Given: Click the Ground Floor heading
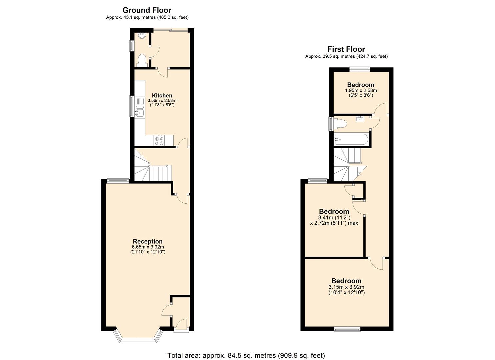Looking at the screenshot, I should [x=147, y=10].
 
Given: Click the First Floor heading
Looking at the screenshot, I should [x=346, y=49].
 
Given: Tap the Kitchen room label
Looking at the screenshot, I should [x=162, y=96].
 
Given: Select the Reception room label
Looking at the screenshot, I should [x=148, y=241].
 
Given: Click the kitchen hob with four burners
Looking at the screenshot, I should [x=159, y=141].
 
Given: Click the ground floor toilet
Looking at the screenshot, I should [x=142, y=60].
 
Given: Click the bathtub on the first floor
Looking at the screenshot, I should [x=351, y=139].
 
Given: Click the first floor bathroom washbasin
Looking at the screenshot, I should [x=360, y=119].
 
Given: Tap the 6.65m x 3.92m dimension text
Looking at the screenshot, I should [x=148, y=247].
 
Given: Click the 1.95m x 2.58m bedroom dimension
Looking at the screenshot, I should [x=361, y=90].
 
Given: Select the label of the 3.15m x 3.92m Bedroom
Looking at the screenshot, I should [x=346, y=281].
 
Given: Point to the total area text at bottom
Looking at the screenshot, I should [x=246, y=355].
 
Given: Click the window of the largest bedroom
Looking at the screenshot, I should [x=347, y=329].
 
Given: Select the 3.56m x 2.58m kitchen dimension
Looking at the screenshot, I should [x=162, y=100].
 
